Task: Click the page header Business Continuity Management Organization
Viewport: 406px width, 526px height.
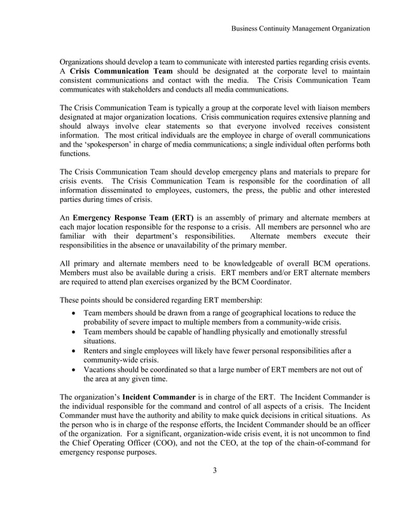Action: pos(300,29)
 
